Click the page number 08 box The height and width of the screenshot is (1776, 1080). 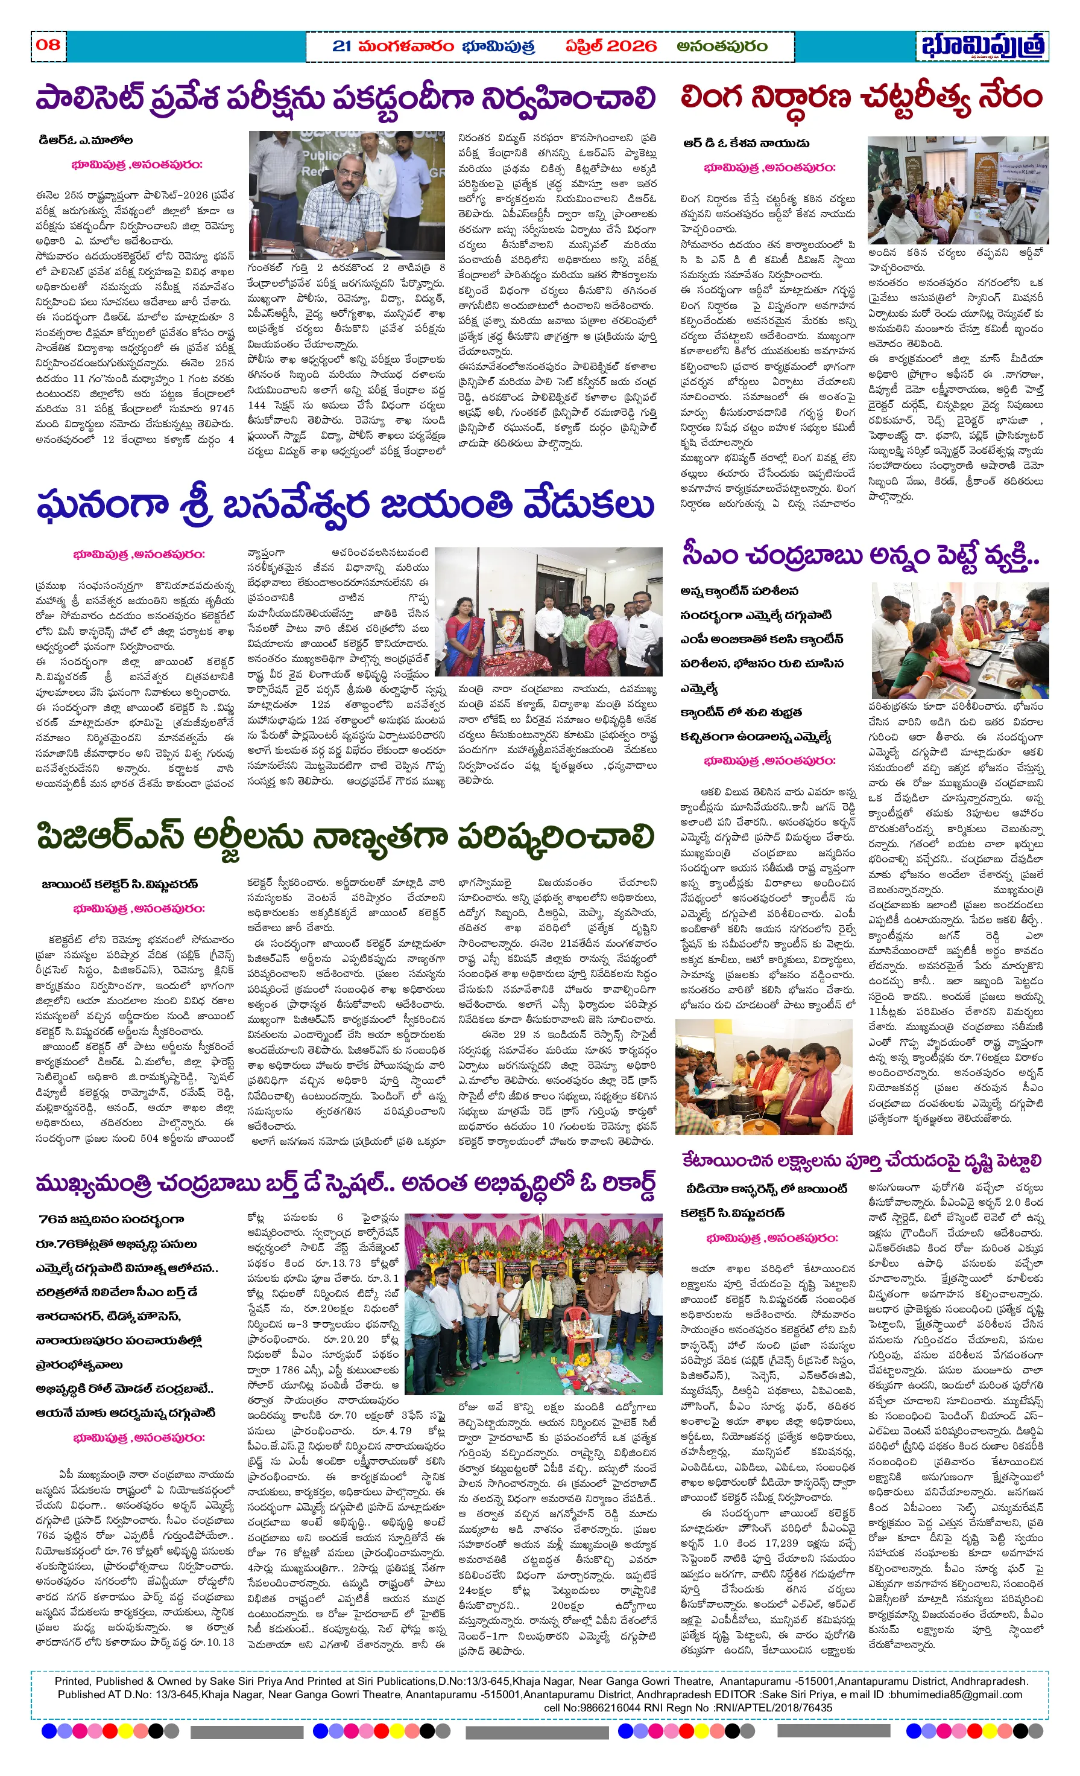(48, 45)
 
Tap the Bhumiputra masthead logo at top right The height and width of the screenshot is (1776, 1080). (983, 46)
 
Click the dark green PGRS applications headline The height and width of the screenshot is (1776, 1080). (346, 837)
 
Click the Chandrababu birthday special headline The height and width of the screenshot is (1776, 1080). (346, 1183)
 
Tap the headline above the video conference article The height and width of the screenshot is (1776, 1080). (861, 1160)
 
